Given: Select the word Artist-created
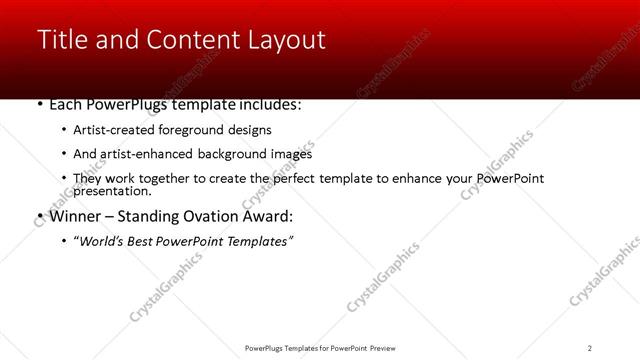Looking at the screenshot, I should [x=110, y=130].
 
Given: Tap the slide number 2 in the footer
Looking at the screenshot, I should [x=590, y=347].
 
